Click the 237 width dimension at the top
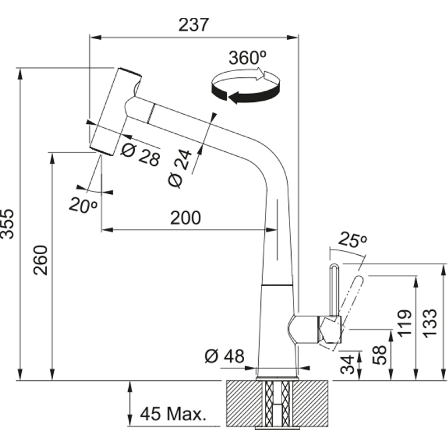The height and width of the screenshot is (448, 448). (x=194, y=25)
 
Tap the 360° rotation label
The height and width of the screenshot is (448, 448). (x=248, y=58)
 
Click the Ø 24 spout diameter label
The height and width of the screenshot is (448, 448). (x=180, y=169)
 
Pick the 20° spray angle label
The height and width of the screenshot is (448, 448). (x=83, y=204)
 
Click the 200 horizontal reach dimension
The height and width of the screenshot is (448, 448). (x=185, y=218)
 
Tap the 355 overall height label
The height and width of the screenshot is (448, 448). (x=7, y=224)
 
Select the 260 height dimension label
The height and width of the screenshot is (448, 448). (x=40, y=260)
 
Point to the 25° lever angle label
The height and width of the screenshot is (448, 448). (x=352, y=240)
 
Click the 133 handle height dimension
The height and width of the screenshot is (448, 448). (x=430, y=323)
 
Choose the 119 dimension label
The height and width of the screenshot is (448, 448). (x=405, y=323)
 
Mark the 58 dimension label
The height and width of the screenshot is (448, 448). (x=380, y=355)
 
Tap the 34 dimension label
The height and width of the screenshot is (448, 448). (x=347, y=365)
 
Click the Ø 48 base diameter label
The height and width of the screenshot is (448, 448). (x=225, y=356)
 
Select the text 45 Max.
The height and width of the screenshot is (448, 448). (x=173, y=414)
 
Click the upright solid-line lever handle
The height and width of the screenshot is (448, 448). (x=334, y=289)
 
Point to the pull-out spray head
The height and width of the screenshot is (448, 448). (x=115, y=111)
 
